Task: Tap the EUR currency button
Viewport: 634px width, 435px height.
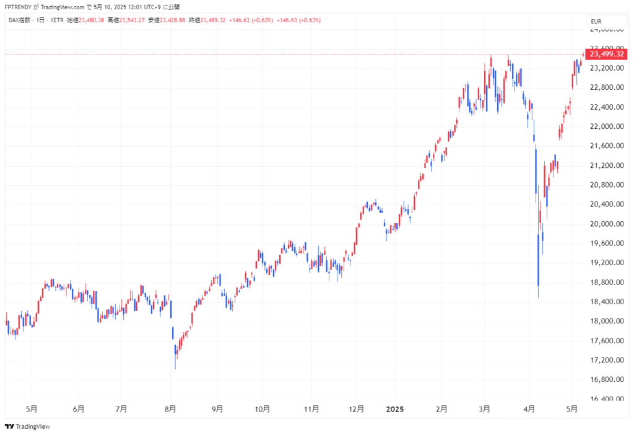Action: click(x=596, y=22)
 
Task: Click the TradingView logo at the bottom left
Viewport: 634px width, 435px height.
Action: click(x=27, y=426)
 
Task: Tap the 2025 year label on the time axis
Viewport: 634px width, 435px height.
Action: click(x=394, y=409)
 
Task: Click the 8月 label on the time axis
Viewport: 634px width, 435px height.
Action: click(x=170, y=409)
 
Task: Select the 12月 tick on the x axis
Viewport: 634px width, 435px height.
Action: click(x=356, y=409)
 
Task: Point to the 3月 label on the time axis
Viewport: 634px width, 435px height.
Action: click(x=485, y=409)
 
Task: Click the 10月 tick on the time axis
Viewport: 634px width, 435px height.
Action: click(x=263, y=409)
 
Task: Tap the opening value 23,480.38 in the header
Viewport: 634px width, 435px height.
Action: click(x=91, y=20)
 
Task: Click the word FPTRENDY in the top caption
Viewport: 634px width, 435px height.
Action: click(x=18, y=7)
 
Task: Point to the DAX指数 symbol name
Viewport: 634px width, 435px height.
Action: click(x=19, y=20)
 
